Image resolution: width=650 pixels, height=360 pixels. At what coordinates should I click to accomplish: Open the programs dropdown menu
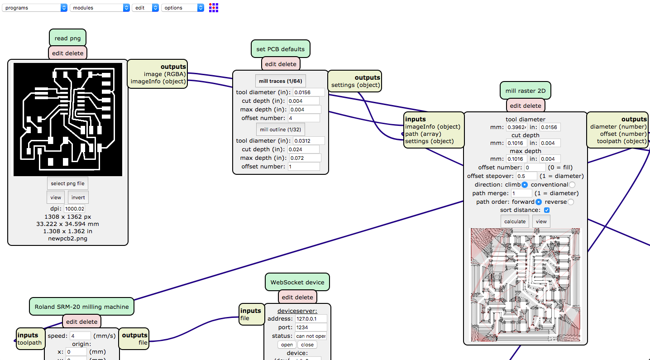coord(34,8)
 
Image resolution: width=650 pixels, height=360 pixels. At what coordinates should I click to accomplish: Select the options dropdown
coord(182,8)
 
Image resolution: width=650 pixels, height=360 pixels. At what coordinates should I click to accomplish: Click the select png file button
coord(67,183)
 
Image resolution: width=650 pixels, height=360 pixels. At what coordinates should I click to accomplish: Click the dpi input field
coord(74,209)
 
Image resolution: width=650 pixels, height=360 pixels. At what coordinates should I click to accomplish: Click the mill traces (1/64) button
coord(281,81)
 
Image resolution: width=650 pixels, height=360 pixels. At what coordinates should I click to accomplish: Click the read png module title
coord(67,38)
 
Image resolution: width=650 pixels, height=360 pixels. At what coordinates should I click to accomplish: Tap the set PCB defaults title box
coord(281,49)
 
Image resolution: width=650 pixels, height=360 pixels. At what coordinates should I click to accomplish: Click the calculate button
coord(515,221)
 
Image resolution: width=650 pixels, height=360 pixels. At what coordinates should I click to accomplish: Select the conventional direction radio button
coord(572,185)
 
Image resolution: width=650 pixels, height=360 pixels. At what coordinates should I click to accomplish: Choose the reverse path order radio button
coord(570,202)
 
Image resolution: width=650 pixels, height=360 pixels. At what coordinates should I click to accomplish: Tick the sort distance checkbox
coord(547,210)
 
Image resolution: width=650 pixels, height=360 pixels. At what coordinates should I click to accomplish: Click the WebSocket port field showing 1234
coord(311,327)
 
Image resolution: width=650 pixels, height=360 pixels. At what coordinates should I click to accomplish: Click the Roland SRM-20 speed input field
coord(81,336)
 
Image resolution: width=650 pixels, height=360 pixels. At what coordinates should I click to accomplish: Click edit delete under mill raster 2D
coord(526,106)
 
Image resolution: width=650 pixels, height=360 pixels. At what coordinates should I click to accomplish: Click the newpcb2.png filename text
coord(67,238)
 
